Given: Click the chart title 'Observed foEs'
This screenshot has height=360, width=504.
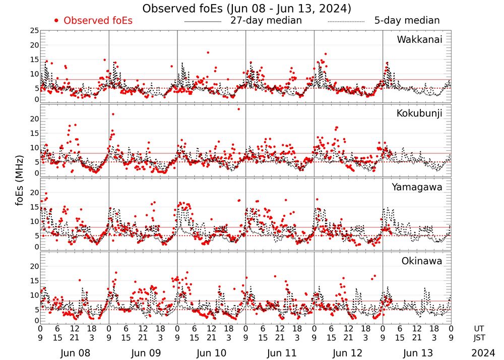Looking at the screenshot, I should [x=246, y=9].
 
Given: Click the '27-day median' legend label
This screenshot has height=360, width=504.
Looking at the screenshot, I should [x=266, y=21].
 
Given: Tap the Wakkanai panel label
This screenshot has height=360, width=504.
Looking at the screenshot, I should [x=419, y=39].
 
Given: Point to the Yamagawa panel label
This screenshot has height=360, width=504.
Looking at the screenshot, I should [x=417, y=187].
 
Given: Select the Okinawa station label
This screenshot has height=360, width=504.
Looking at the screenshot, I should [x=422, y=261].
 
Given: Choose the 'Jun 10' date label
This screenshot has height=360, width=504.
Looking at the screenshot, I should [x=211, y=353].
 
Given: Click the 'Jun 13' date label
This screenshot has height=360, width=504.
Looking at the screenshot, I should [x=416, y=353].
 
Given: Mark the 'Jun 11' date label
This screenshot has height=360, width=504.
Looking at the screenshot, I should [x=280, y=353].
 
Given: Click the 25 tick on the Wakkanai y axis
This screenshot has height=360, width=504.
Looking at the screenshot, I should [x=34, y=31].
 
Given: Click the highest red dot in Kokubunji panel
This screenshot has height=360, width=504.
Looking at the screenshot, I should [x=238, y=109].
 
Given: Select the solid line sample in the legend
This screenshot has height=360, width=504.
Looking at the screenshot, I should [x=203, y=22].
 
